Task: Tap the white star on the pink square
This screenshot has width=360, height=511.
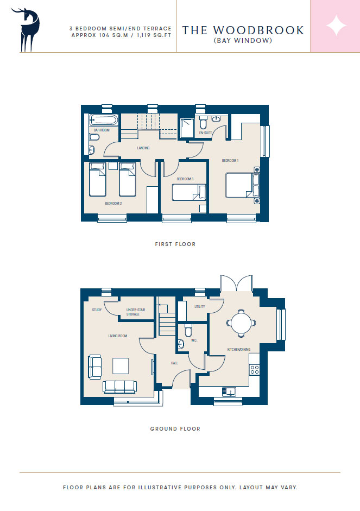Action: pyautogui.click(x=336, y=26)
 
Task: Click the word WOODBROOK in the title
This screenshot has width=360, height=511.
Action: pyautogui.click(x=258, y=30)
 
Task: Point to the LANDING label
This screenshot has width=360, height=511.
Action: pyautogui.click(x=143, y=148)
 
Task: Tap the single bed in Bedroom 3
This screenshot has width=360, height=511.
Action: pyautogui.click(x=189, y=193)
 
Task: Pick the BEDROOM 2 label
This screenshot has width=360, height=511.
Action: pyautogui.click(x=113, y=203)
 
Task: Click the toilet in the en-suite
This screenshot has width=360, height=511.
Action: pyautogui.click(x=203, y=123)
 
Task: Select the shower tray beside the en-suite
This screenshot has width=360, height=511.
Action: pyautogui.click(x=187, y=128)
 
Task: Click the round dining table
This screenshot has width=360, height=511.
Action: pyautogui.click(x=241, y=323)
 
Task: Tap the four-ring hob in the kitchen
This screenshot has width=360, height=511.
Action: pyautogui.click(x=255, y=370)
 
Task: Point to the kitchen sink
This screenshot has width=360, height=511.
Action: pyautogui.click(x=229, y=392)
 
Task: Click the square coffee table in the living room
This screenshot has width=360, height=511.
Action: pyautogui.click(x=121, y=366)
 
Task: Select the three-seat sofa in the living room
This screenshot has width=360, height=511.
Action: pyautogui.click(x=119, y=387)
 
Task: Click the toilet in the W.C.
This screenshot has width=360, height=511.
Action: pyautogui.click(x=188, y=331)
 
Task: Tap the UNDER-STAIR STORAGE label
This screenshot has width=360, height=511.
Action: pyautogui.click(x=136, y=312)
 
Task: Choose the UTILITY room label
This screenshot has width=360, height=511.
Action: pyautogui.click(x=200, y=307)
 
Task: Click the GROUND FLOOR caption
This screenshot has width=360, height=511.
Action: pyautogui.click(x=175, y=429)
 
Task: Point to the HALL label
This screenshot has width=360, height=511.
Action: pyautogui.click(x=174, y=363)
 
